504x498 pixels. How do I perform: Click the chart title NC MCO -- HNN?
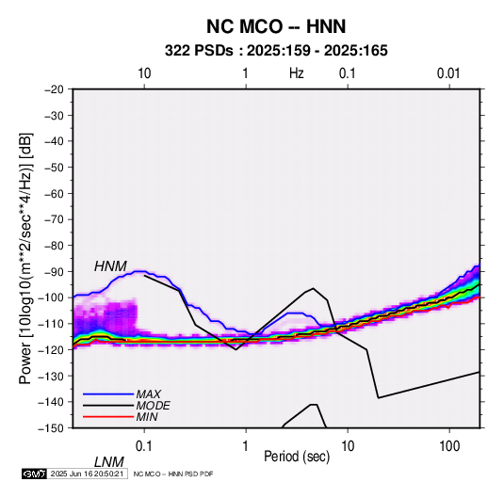pyautogui.click(x=276, y=26)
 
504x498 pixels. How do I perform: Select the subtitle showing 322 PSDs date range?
pyautogui.click(x=276, y=51)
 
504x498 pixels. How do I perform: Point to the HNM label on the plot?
pyautogui.click(x=110, y=266)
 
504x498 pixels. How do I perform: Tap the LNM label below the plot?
pyautogui.click(x=108, y=462)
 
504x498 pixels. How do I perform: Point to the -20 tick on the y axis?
pyautogui.click(x=54, y=89)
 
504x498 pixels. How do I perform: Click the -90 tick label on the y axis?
pyautogui.click(x=54, y=271)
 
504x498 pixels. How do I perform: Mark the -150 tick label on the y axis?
pyautogui.click(x=51, y=428)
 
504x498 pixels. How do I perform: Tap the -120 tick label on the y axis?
pyautogui.click(x=51, y=349)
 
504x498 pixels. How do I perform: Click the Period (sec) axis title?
pyautogui.click(x=297, y=457)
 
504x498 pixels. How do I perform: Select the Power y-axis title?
pyautogui.click(x=25, y=258)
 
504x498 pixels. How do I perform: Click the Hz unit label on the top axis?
pyautogui.click(x=297, y=73)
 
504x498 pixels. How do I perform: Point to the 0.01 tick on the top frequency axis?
pyautogui.click(x=448, y=73)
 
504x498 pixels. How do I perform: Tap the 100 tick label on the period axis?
pyautogui.click(x=449, y=446)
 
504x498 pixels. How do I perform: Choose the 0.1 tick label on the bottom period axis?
pyautogui.click(x=144, y=446)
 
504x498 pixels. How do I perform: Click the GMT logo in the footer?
pyautogui.click(x=34, y=474)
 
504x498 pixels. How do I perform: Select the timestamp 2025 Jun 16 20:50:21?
pyautogui.click(x=87, y=474)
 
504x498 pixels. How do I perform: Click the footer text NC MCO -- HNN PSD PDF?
pyautogui.click(x=173, y=474)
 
